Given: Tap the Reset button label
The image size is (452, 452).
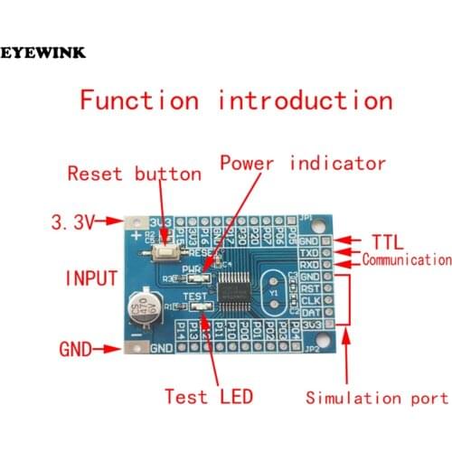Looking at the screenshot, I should point(134,173).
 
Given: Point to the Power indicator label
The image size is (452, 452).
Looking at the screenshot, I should point(303,165).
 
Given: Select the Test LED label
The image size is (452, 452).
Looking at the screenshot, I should point(208,396).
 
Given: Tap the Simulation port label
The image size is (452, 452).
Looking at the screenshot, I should point(376,398).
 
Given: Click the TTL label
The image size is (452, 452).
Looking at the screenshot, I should point(391,242).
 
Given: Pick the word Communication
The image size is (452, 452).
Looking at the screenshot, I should point(406,260).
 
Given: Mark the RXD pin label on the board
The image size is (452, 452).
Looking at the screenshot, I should point(310,266).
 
